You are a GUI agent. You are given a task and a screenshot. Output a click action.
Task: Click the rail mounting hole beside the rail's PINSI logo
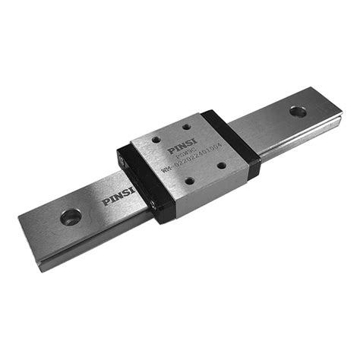pyautogui.click(x=71, y=216)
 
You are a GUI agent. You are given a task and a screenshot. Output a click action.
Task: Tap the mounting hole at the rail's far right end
pyautogui.click(x=298, y=112)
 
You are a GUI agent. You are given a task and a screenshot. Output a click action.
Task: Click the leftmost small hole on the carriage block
pyautogui.click(x=156, y=141)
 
